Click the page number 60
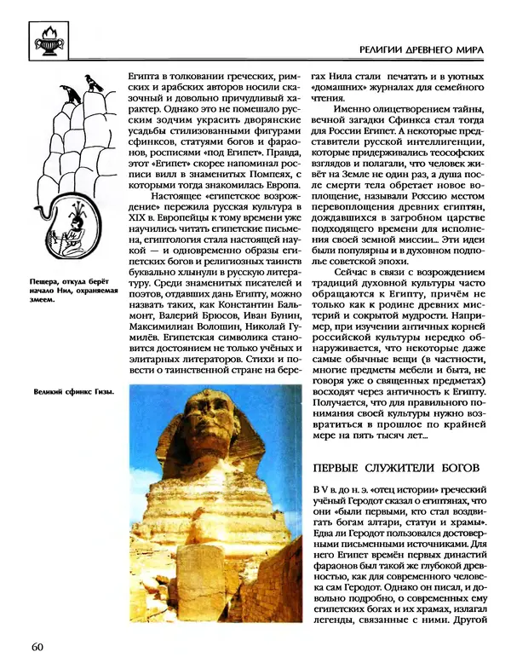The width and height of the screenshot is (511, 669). tap(37, 645)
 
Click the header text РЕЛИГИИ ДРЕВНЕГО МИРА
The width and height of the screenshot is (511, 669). tap(421, 49)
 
